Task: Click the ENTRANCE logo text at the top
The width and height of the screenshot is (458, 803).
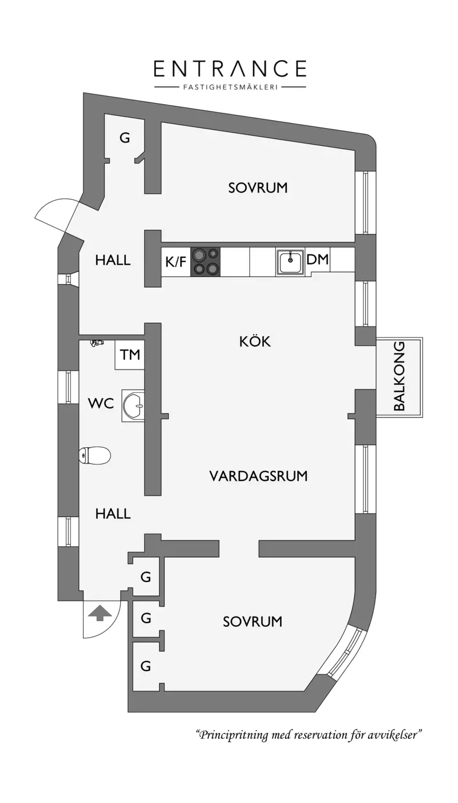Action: click(x=230, y=69)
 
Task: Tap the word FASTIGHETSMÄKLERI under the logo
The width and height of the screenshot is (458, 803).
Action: click(x=230, y=88)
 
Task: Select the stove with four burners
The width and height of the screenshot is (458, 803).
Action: click(x=206, y=261)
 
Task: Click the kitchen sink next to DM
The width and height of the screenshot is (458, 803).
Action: click(x=290, y=262)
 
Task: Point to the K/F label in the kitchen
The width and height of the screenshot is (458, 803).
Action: click(x=176, y=262)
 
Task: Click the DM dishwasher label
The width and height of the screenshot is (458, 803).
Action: click(x=318, y=260)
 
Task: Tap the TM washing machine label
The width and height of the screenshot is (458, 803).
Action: click(x=130, y=355)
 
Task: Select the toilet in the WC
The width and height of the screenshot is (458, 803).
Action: click(x=94, y=456)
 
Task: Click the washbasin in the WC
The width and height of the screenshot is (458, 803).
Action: click(x=135, y=406)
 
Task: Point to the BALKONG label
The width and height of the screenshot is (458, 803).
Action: click(x=400, y=376)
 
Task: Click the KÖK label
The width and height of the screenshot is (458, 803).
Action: click(x=255, y=342)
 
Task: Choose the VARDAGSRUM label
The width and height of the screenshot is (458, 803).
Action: click(x=258, y=476)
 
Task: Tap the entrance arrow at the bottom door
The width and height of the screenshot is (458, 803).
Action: click(x=100, y=614)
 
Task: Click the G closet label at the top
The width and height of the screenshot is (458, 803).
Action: click(x=124, y=138)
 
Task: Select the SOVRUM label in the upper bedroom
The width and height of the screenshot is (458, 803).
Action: click(x=258, y=188)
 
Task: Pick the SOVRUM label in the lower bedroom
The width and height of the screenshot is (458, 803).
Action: click(x=252, y=622)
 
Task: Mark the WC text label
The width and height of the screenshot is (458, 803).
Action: click(x=101, y=403)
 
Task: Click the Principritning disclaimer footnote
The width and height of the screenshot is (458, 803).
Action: click(x=309, y=735)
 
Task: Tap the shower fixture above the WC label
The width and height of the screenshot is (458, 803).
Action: click(x=97, y=343)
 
